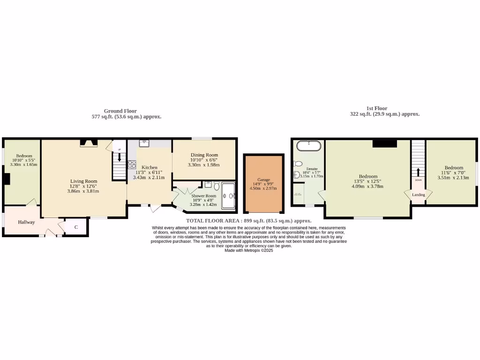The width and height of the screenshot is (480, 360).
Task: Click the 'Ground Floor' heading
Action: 120,111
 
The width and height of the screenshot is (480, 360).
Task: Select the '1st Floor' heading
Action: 377,108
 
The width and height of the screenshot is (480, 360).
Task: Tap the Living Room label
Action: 84,181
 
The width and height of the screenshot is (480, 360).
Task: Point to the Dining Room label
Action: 204,155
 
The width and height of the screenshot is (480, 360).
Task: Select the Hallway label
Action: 26,222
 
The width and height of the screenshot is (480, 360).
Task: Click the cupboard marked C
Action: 76,227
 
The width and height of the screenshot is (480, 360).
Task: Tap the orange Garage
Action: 263,184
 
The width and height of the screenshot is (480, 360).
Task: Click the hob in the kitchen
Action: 132,165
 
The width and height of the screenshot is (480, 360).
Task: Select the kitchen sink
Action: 144,143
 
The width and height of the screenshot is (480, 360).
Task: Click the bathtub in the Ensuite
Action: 309,145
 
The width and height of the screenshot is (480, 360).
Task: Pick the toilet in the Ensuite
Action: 297,164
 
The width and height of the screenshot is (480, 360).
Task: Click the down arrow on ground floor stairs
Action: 119,158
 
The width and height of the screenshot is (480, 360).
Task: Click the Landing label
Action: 418,195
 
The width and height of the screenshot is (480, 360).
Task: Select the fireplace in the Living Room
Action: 89,143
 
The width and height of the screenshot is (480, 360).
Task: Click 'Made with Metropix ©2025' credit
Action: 248,250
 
